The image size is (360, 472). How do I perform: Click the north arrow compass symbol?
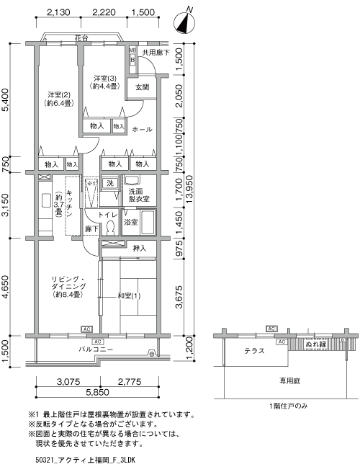click(184, 21)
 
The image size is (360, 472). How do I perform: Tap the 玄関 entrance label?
click(142, 87)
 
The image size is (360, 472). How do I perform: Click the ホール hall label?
click(142, 130)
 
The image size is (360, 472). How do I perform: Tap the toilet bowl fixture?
click(110, 228)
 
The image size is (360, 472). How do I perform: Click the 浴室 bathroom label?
click(131, 223)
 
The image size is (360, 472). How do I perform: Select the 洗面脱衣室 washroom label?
click(139, 195)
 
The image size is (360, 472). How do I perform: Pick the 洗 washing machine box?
click(110, 183)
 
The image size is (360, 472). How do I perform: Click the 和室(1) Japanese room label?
click(129, 296)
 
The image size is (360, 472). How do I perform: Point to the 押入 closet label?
click(139, 249)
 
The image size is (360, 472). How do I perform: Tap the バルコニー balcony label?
click(96, 349)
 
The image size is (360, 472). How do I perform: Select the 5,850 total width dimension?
click(97, 392)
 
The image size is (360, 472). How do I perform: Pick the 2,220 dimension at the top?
click(104, 12)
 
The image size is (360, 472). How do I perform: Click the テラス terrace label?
click(254, 351)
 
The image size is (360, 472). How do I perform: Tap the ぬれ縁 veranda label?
click(315, 344)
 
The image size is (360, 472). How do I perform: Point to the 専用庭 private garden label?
click(289, 381)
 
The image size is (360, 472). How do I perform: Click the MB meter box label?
click(132, 50)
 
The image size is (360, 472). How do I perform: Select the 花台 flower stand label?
click(81, 38)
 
